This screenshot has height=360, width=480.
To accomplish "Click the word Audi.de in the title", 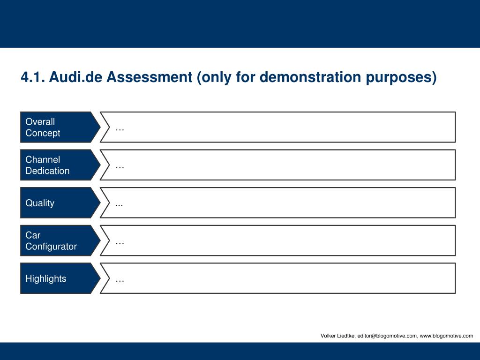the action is (75, 77).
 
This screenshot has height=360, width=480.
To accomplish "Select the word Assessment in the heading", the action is (150, 77).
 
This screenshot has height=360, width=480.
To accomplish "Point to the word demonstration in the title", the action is (310, 77).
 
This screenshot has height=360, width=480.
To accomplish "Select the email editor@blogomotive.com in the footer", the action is (387, 336).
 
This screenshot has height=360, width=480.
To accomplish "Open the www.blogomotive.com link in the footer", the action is (446, 336).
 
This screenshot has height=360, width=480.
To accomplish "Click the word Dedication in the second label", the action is (47, 171).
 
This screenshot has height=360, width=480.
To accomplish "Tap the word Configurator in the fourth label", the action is (51, 247).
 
